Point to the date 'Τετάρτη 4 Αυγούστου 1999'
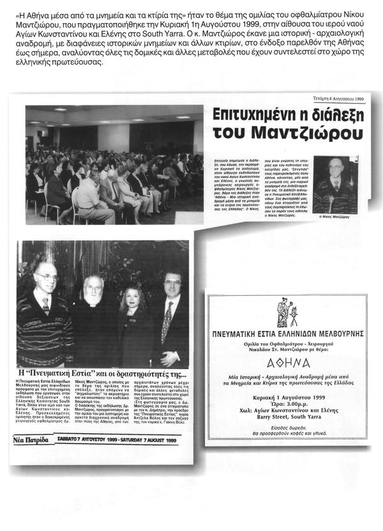click(x=339, y=99)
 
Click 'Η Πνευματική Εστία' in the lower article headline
click(x=54, y=374)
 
